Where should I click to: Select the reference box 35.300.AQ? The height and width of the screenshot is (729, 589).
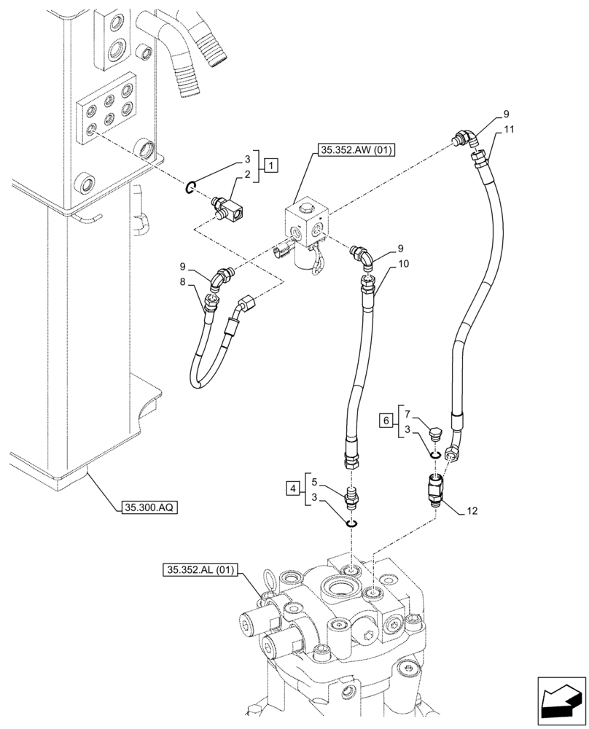[145, 506]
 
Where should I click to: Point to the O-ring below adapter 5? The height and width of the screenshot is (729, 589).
[351, 521]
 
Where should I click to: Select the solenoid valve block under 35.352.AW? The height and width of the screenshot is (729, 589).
[306, 230]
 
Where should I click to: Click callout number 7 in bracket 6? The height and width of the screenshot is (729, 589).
[409, 413]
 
